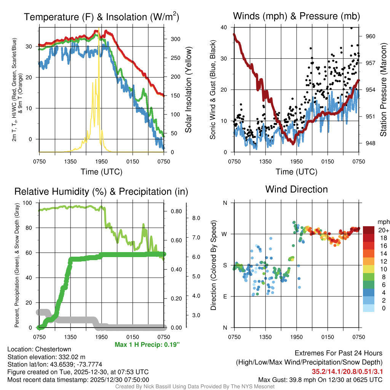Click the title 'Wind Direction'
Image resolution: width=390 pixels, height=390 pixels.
[296, 189]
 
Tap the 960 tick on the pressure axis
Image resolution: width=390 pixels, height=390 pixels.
[371, 36]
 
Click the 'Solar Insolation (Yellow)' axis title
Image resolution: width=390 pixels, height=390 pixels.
[189, 90]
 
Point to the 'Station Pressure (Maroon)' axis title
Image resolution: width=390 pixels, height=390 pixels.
[384, 90]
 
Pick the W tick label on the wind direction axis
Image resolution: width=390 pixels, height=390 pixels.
[225, 234]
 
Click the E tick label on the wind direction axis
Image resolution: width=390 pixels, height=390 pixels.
[225, 296]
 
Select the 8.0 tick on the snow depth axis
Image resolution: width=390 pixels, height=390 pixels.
[196, 218]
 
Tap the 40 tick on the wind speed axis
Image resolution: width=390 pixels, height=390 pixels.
[223, 27]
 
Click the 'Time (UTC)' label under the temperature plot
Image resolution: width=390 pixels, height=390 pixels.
[101, 172]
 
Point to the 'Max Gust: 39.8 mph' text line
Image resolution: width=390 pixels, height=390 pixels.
[320, 380]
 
